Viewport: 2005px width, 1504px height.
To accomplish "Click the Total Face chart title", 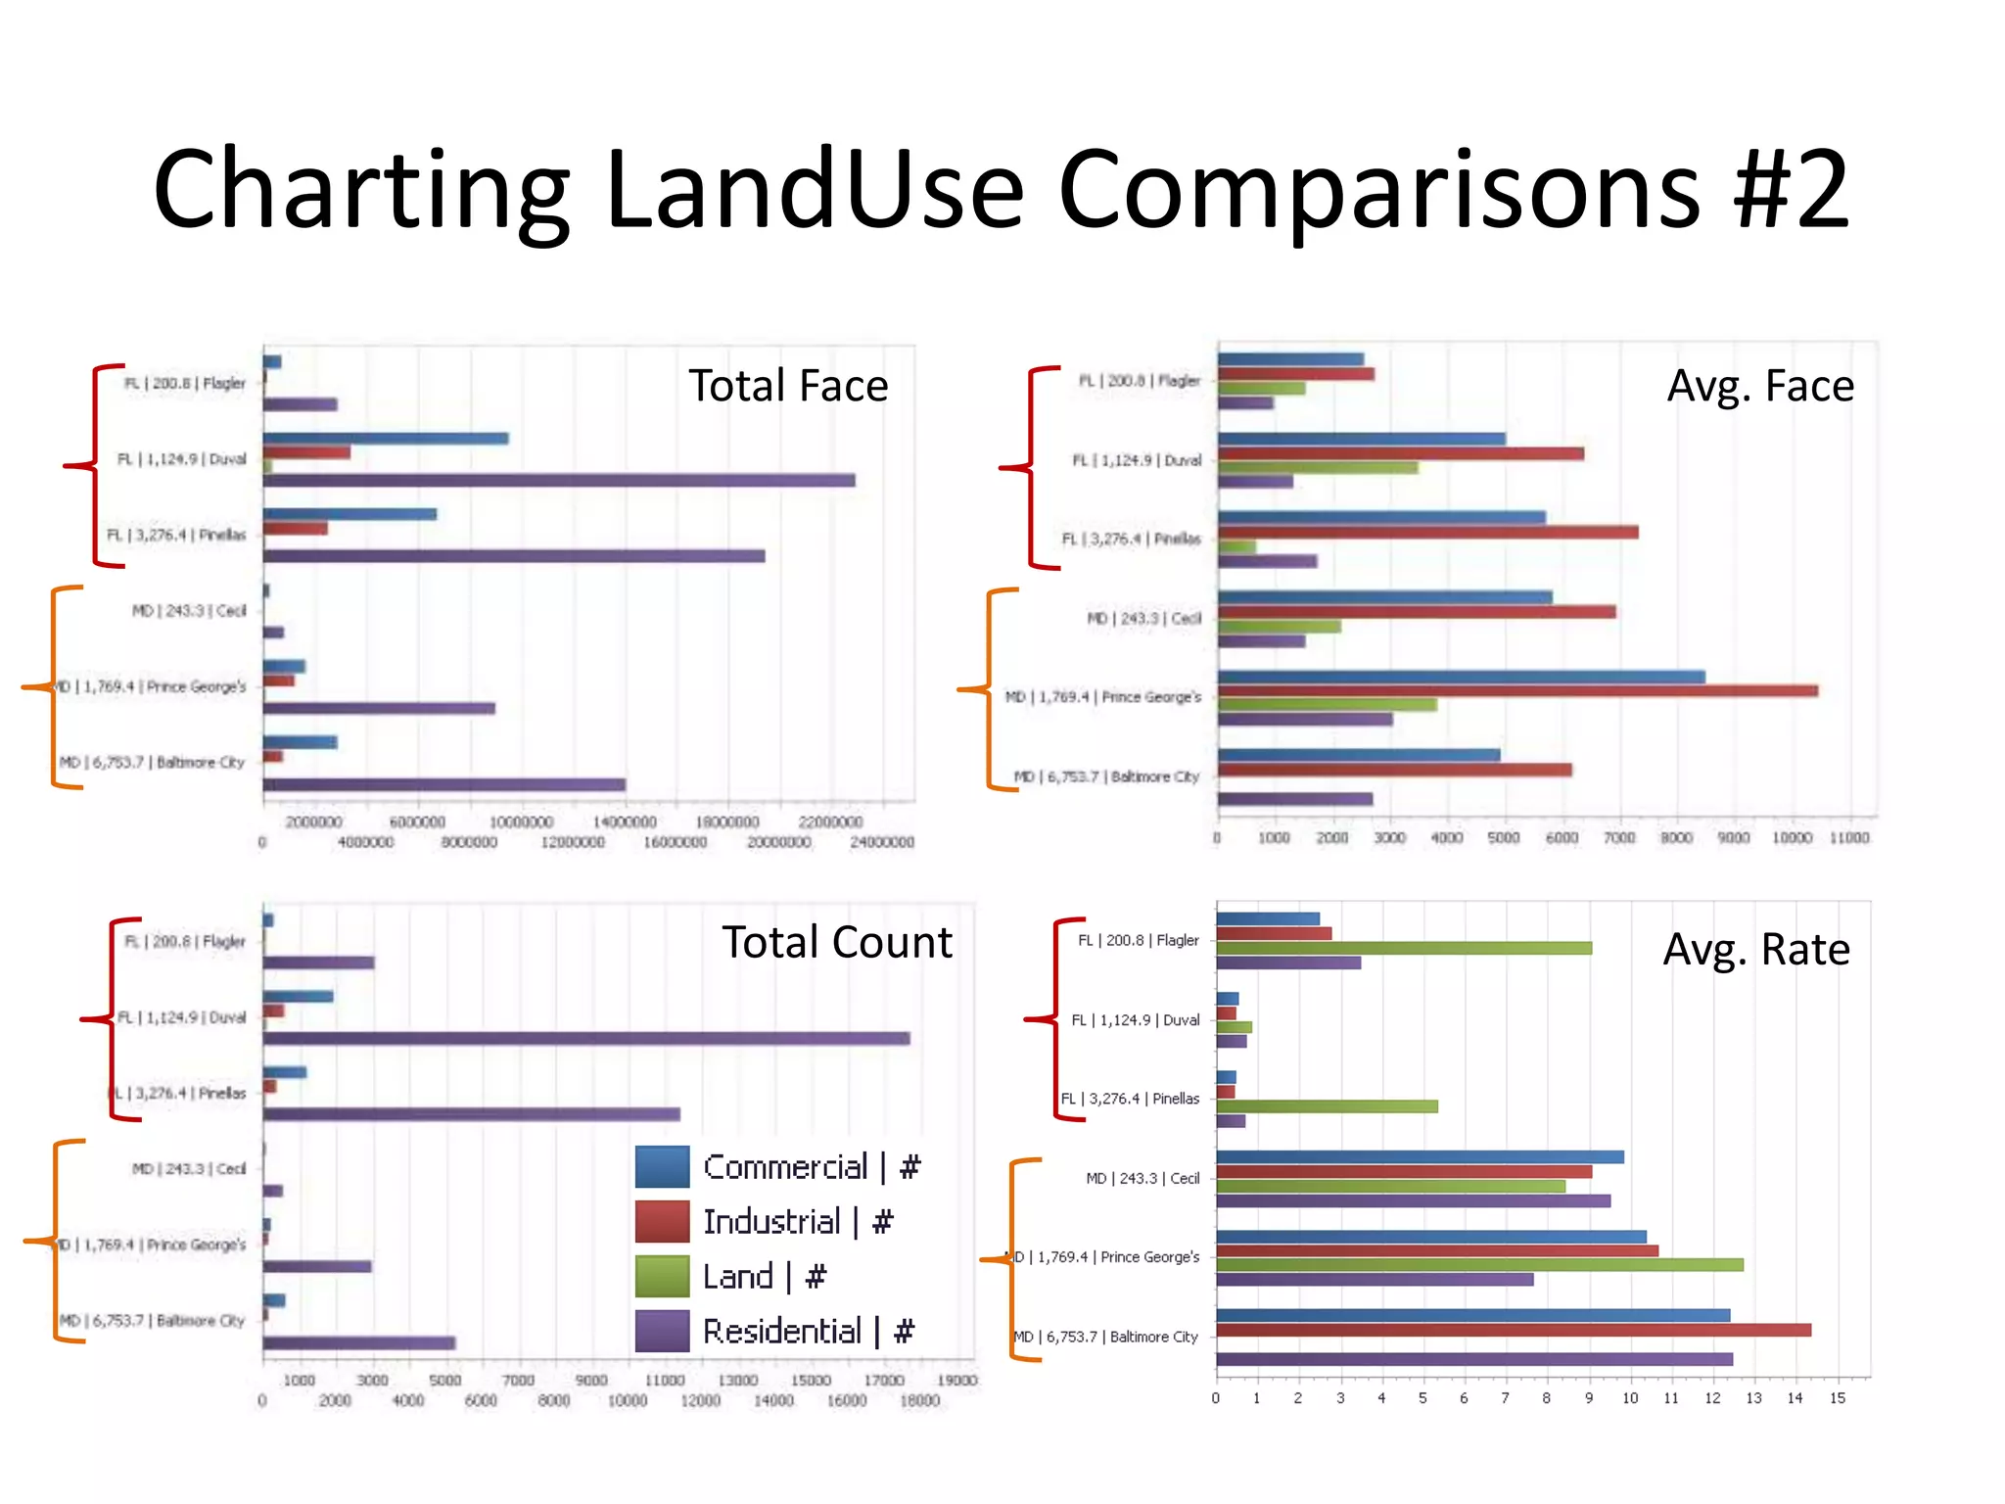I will coord(788,386).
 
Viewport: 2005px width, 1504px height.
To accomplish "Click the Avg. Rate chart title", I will coord(1755,950).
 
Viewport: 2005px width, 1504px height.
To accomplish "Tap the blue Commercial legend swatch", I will coord(662,1166).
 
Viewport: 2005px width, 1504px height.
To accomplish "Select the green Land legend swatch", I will coord(662,1276).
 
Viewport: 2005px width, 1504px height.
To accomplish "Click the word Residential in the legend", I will coord(781,1331).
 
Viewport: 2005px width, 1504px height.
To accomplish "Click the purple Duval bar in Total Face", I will coord(558,480).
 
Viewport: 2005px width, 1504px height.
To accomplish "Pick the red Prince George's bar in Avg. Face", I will coord(1517,690).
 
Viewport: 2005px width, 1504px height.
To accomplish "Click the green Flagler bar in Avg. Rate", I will coord(1403,948).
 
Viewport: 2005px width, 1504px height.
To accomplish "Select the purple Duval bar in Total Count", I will coord(585,1038).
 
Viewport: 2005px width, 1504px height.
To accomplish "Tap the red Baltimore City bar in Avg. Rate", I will coord(1513,1330).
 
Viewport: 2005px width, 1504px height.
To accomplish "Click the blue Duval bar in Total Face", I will coord(385,438).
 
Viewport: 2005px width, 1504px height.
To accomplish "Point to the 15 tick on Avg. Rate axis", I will coord(1837,1398).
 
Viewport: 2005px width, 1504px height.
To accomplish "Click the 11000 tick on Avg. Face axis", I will coord(1848,838).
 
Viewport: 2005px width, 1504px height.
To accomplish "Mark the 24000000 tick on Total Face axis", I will coord(881,842).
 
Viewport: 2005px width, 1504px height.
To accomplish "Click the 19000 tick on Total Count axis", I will coord(956,1381).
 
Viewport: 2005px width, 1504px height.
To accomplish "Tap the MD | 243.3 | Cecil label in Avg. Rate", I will coord(1142,1178).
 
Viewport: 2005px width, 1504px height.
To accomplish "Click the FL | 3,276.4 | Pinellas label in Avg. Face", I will coord(1131,539).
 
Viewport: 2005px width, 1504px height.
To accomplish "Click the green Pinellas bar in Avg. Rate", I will coord(1327,1106).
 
